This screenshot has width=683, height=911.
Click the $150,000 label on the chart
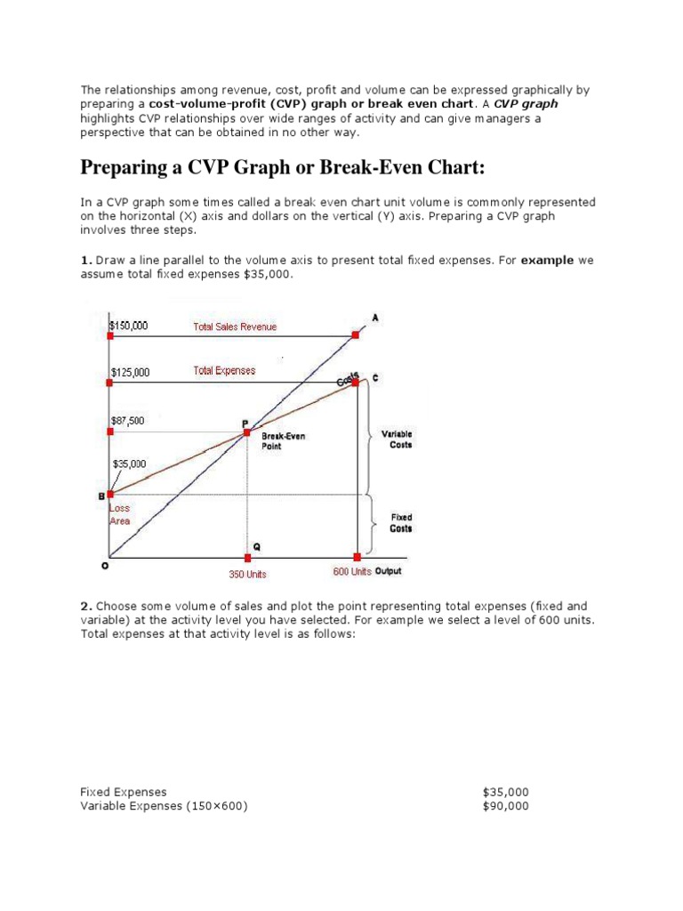tap(129, 326)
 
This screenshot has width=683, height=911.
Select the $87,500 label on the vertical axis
tap(128, 420)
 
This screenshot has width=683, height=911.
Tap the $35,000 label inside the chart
tap(131, 464)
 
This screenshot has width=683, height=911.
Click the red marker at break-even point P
tap(247, 432)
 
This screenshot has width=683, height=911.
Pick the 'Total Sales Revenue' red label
tap(235, 327)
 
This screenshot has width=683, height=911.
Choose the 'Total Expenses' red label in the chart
tap(224, 371)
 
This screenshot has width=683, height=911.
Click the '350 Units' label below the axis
tap(247, 575)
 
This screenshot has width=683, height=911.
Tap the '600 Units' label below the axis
tap(352, 571)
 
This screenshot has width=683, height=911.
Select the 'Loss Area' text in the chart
tap(120, 515)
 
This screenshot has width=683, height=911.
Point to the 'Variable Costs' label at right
tap(397, 439)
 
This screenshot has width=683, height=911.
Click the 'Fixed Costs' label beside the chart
tap(401, 523)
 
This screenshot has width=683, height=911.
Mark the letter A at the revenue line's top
tap(374, 316)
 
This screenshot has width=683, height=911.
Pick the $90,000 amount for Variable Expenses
tap(505, 806)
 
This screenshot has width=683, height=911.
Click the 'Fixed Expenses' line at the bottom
tap(124, 792)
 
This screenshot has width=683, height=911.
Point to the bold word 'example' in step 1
tap(547, 261)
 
